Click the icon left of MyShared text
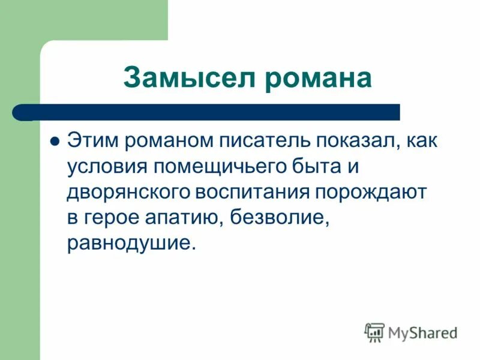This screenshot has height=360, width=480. (x=374, y=332)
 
